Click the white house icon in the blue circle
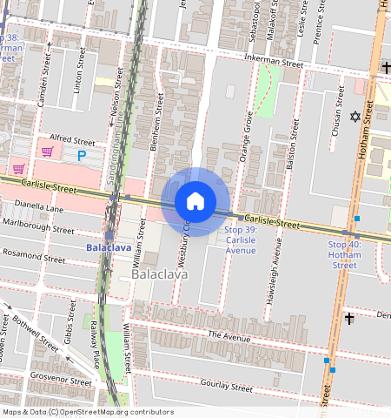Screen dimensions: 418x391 195,201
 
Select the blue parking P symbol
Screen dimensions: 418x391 83,156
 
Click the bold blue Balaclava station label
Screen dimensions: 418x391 109,247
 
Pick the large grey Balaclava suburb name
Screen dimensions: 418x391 159,274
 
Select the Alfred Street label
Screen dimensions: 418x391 72,139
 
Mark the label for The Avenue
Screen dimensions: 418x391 229,334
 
